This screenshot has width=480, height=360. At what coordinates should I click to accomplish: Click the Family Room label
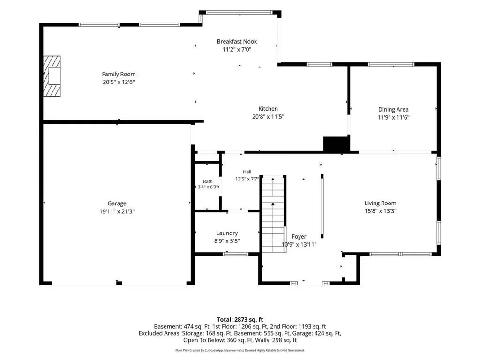coord(119,74)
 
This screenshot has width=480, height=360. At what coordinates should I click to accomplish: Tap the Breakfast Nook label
coord(237,41)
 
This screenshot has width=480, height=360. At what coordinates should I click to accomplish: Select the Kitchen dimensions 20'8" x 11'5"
coord(268,117)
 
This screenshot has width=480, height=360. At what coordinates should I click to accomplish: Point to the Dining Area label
coord(393,110)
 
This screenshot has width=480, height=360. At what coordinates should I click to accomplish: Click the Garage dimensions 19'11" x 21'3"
coord(117,211)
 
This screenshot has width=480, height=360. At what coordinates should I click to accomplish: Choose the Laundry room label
coord(227,233)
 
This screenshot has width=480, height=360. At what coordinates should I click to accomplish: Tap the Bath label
coord(208,181)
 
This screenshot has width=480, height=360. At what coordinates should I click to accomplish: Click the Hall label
coord(247,172)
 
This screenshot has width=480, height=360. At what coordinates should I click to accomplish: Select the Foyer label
coord(299,237)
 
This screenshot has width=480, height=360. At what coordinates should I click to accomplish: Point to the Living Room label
coord(380,203)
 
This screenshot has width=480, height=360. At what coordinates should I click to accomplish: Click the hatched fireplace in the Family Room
coord(52,76)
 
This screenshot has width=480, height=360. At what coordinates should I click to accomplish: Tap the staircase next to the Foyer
coord(273,214)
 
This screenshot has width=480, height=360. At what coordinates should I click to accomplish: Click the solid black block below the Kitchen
coord(337,144)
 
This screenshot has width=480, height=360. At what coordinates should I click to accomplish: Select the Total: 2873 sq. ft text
coord(240,320)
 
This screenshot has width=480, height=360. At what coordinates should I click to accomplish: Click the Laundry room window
coord(235,254)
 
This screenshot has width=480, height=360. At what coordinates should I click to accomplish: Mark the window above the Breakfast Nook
coord(239,13)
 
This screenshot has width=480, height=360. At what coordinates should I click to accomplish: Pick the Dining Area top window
coord(391,64)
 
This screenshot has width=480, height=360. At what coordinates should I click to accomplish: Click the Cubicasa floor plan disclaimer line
coord(240,350)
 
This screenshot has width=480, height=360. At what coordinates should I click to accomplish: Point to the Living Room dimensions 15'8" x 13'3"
coord(381,211)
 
